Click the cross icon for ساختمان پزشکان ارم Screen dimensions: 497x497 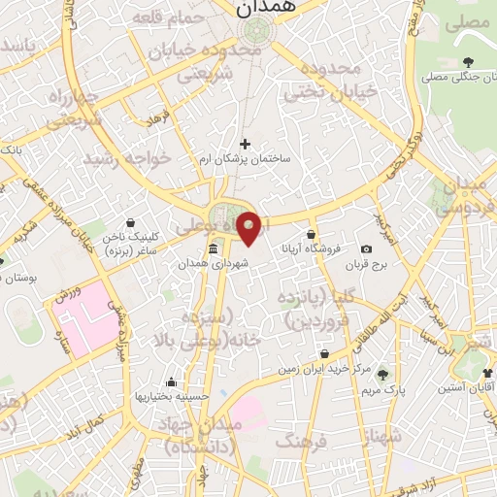(x=245, y=144)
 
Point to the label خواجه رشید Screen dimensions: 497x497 (x=126, y=156)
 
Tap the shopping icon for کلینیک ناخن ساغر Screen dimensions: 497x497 (x=131, y=222)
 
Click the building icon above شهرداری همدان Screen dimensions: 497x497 (x=213, y=248)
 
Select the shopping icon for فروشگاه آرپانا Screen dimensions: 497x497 (x=311, y=234)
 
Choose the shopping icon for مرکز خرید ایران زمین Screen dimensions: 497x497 (x=324, y=353)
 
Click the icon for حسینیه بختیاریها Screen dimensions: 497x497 (x=171, y=381)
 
